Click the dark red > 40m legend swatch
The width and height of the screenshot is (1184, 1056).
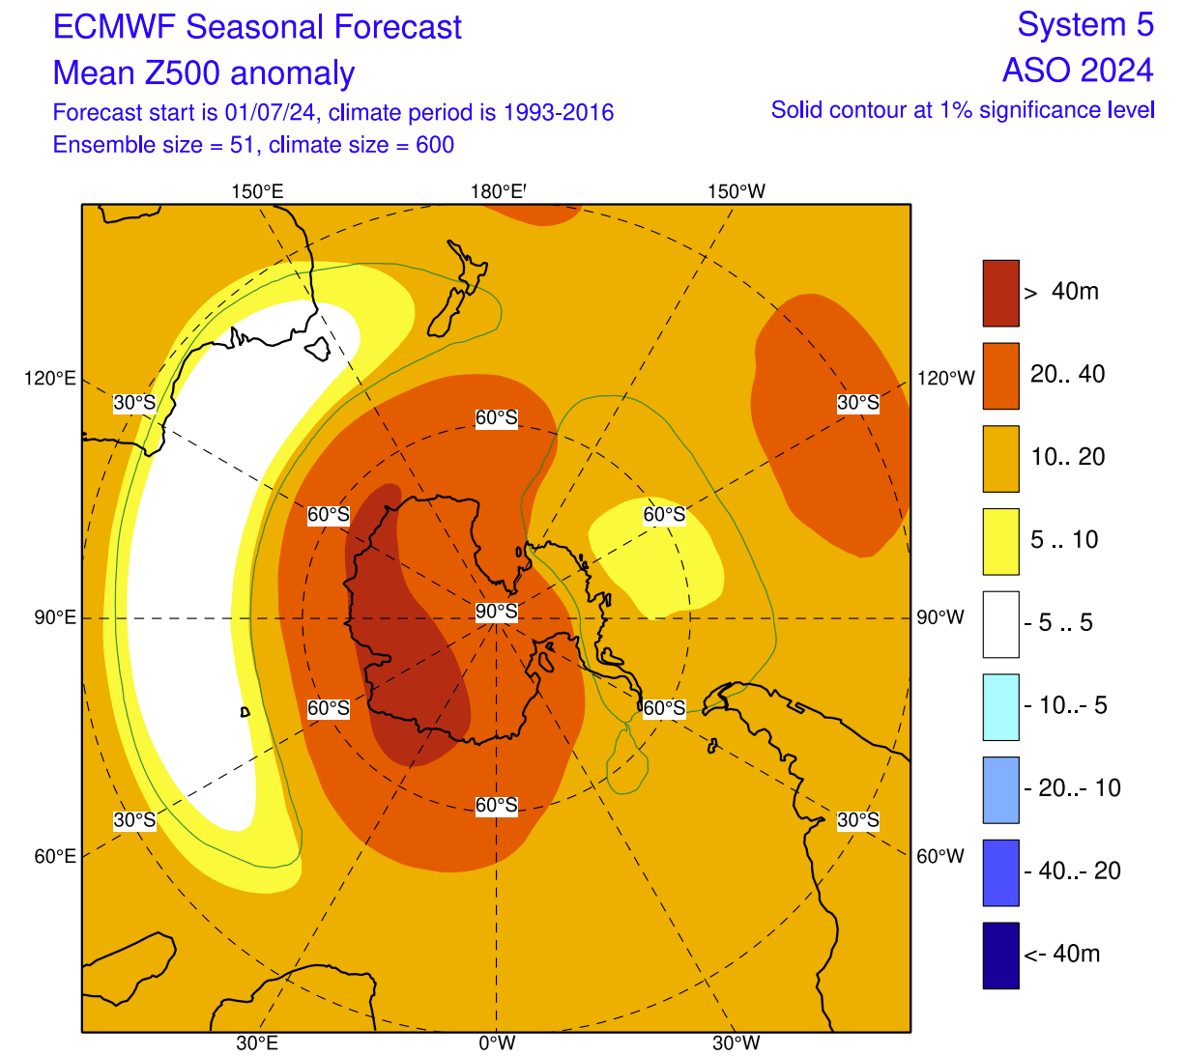[x=1000, y=293]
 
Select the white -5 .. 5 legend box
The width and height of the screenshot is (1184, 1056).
[x=1000, y=624]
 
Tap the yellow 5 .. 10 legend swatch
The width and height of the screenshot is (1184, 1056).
[x=1000, y=541]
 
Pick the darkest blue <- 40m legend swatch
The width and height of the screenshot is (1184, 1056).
[x=1000, y=956]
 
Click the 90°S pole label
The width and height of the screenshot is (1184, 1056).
[x=496, y=612]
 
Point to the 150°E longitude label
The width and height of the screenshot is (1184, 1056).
[x=257, y=191]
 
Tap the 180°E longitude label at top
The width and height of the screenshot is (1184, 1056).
[x=498, y=191]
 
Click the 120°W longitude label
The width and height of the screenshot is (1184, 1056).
[x=945, y=378]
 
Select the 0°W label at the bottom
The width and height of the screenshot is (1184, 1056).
[x=496, y=1042]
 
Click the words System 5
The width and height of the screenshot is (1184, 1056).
[x=1085, y=25]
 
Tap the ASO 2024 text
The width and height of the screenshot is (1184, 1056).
[x=1078, y=71]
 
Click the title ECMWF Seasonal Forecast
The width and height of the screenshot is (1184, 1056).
[x=257, y=27]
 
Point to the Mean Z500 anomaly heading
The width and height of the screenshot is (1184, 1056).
[x=204, y=73]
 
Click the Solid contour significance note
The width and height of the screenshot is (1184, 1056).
[x=962, y=110]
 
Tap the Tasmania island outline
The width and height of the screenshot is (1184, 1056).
[x=317, y=348]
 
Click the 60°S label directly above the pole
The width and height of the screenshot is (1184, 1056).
[x=496, y=418]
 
